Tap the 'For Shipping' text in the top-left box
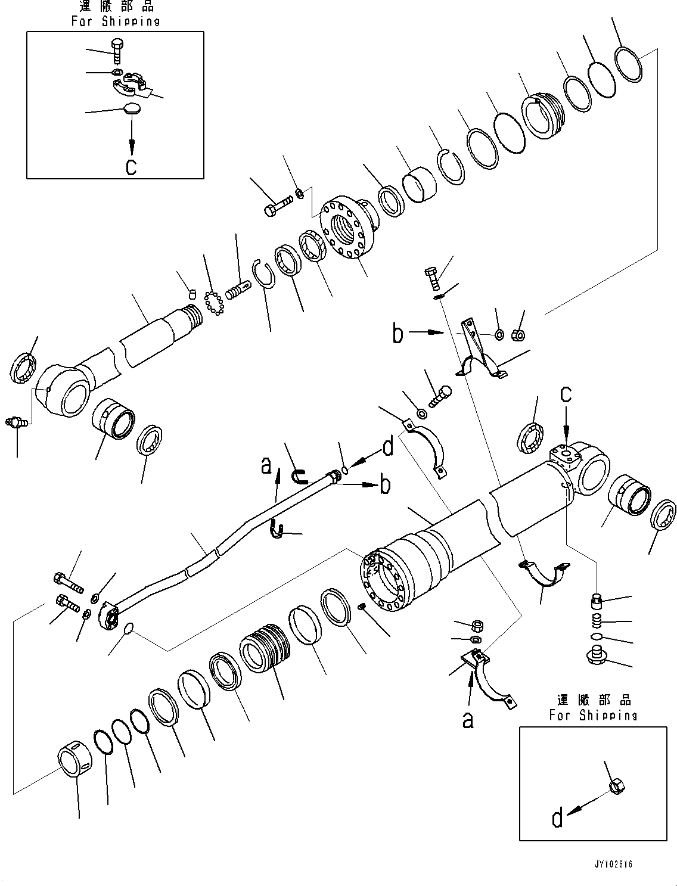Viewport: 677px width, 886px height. (116, 21)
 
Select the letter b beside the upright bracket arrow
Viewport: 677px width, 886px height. (397, 334)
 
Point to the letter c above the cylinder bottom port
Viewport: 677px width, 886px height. (566, 394)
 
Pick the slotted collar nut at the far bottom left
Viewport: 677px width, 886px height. (76, 758)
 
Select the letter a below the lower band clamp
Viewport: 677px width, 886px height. (468, 720)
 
